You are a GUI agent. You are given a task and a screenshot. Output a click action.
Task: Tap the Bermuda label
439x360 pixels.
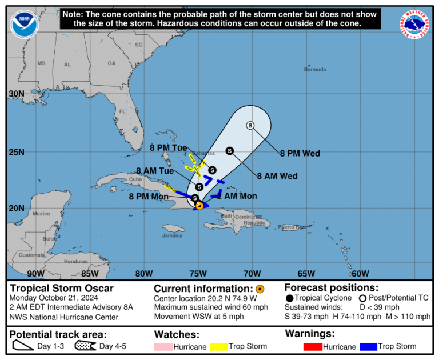tap(315, 70)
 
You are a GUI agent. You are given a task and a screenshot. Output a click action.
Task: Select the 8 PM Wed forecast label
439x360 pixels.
tap(300, 153)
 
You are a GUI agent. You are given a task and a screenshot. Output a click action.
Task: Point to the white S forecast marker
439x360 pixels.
tap(250, 126)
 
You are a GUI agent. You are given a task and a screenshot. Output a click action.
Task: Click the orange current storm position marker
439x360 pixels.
tap(199, 206)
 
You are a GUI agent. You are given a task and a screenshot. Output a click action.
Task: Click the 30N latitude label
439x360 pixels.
tap(17, 94)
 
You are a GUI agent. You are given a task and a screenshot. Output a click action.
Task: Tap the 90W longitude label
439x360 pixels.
tap(35, 273)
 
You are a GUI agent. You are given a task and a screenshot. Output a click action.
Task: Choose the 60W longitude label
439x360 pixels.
tap(360, 273)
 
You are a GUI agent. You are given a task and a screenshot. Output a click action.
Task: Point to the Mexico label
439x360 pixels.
tap(42, 214)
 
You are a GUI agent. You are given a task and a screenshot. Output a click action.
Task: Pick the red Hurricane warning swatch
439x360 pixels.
tap(312, 346)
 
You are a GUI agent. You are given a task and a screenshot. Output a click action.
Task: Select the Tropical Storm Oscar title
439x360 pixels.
tap(62, 289)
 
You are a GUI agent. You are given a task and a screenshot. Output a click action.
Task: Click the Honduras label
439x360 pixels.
tap(76, 261)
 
